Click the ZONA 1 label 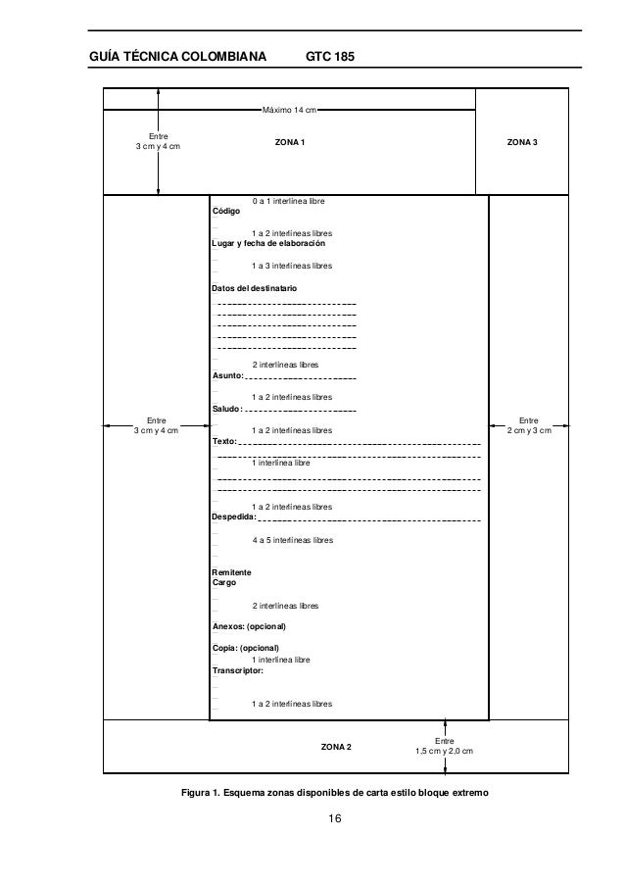pyautogui.click(x=289, y=143)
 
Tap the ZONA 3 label pyautogui.click(x=521, y=143)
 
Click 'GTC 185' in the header pyautogui.click(x=331, y=58)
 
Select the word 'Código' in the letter pyautogui.click(x=226, y=211)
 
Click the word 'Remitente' pyautogui.click(x=232, y=571)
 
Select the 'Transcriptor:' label pyautogui.click(x=238, y=671)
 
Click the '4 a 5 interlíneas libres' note pyautogui.click(x=292, y=540)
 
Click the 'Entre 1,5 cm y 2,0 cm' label pyautogui.click(x=444, y=747)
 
